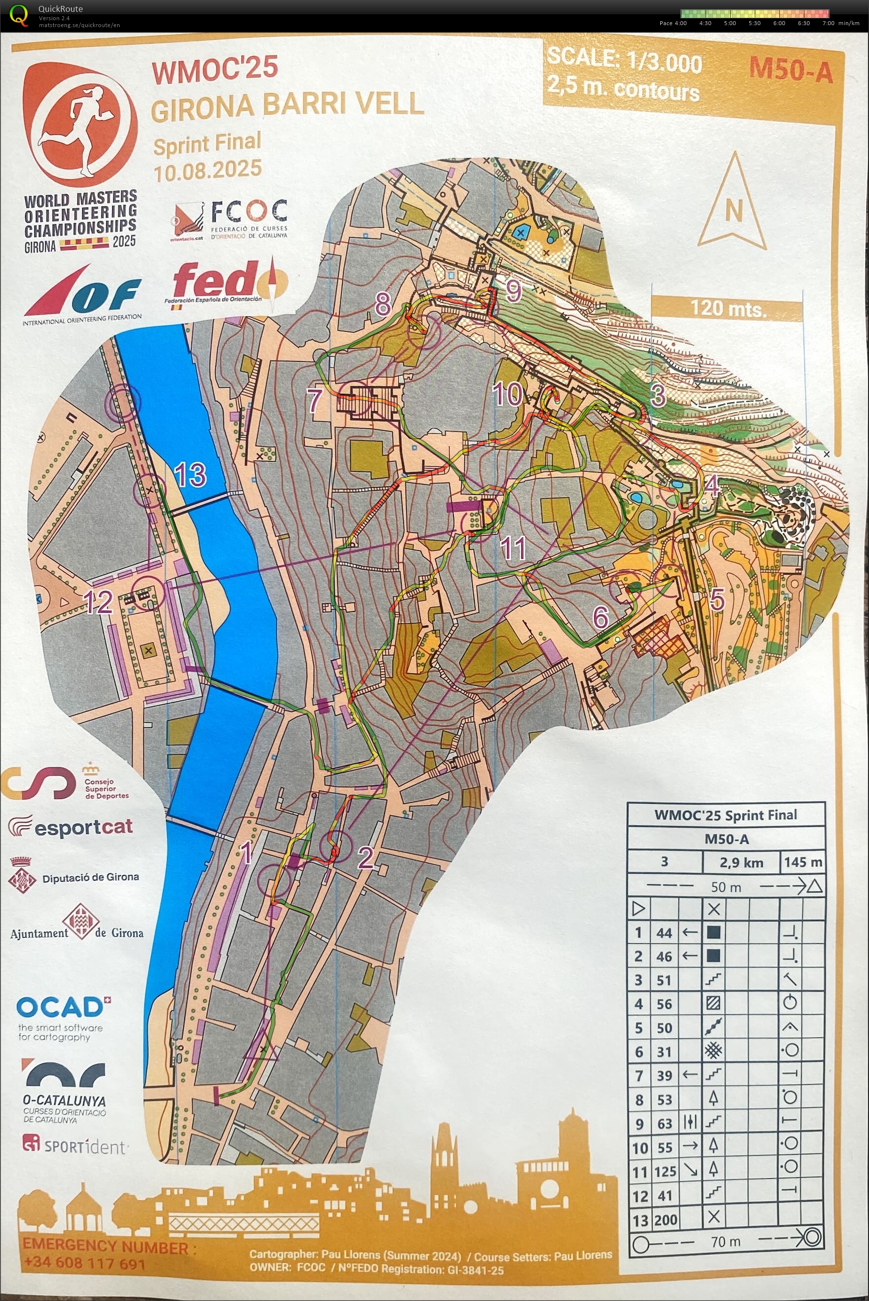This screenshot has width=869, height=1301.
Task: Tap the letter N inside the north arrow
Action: [734, 211]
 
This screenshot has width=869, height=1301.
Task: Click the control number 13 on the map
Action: [190, 475]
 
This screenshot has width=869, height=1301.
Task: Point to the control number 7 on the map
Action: [315, 400]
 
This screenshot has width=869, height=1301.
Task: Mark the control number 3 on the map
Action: [658, 396]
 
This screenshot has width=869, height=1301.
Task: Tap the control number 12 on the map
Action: [98, 602]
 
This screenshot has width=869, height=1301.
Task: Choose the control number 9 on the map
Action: [513, 291]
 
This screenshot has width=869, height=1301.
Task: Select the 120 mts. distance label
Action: [728, 308]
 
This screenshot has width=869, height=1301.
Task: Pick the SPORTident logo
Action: [75, 1146]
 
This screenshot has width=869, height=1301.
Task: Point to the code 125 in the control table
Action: [665, 1172]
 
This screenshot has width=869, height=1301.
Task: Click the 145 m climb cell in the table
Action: [803, 862]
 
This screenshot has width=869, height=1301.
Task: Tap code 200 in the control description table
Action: [665, 1220]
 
